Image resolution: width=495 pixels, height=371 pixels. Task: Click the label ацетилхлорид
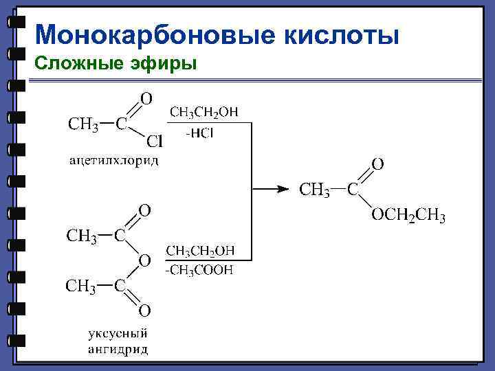[x=114, y=161]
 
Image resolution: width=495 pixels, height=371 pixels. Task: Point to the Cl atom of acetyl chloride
[x=155, y=142]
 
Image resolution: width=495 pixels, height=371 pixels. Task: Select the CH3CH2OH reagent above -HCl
[x=205, y=112]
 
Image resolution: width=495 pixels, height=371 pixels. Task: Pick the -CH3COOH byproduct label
[x=199, y=270]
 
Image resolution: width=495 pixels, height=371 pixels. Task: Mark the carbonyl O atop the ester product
[x=377, y=164]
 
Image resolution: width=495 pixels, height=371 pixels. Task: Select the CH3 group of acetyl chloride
[x=82, y=124]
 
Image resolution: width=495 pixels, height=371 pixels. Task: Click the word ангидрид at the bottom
[x=118, y=349]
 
